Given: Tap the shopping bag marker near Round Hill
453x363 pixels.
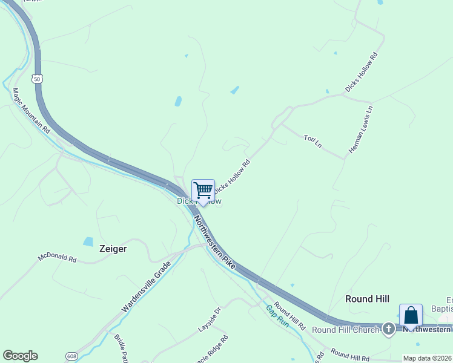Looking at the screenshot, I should coord(411,316).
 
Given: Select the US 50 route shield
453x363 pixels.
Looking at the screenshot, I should coord(38,79).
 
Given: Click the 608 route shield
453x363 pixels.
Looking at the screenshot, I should coord(71,356).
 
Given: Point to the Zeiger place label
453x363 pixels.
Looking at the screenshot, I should coord(113,249).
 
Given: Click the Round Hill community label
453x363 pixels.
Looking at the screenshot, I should coord(367,299).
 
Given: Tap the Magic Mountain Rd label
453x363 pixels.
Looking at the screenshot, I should coord(31,110).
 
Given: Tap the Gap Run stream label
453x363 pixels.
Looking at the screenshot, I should coord(277,316).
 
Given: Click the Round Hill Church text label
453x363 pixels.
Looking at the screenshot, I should coord(345,330).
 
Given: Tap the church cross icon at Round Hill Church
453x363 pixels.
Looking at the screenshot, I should coord(389,330).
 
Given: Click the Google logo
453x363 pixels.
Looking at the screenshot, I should coord(20,356).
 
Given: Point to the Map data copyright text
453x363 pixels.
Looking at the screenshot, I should coord(428,358).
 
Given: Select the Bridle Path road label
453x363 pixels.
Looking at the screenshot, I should coord(121,348).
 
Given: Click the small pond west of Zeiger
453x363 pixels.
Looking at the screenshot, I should coord(88,241).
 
